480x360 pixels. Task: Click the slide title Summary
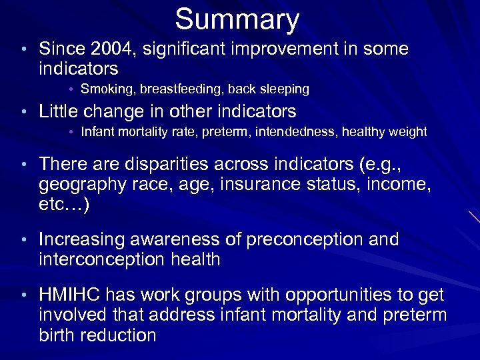point(237,19)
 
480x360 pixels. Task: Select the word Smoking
point(103,89)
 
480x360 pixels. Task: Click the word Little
point(61,111)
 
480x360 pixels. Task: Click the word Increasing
point(83,240)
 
